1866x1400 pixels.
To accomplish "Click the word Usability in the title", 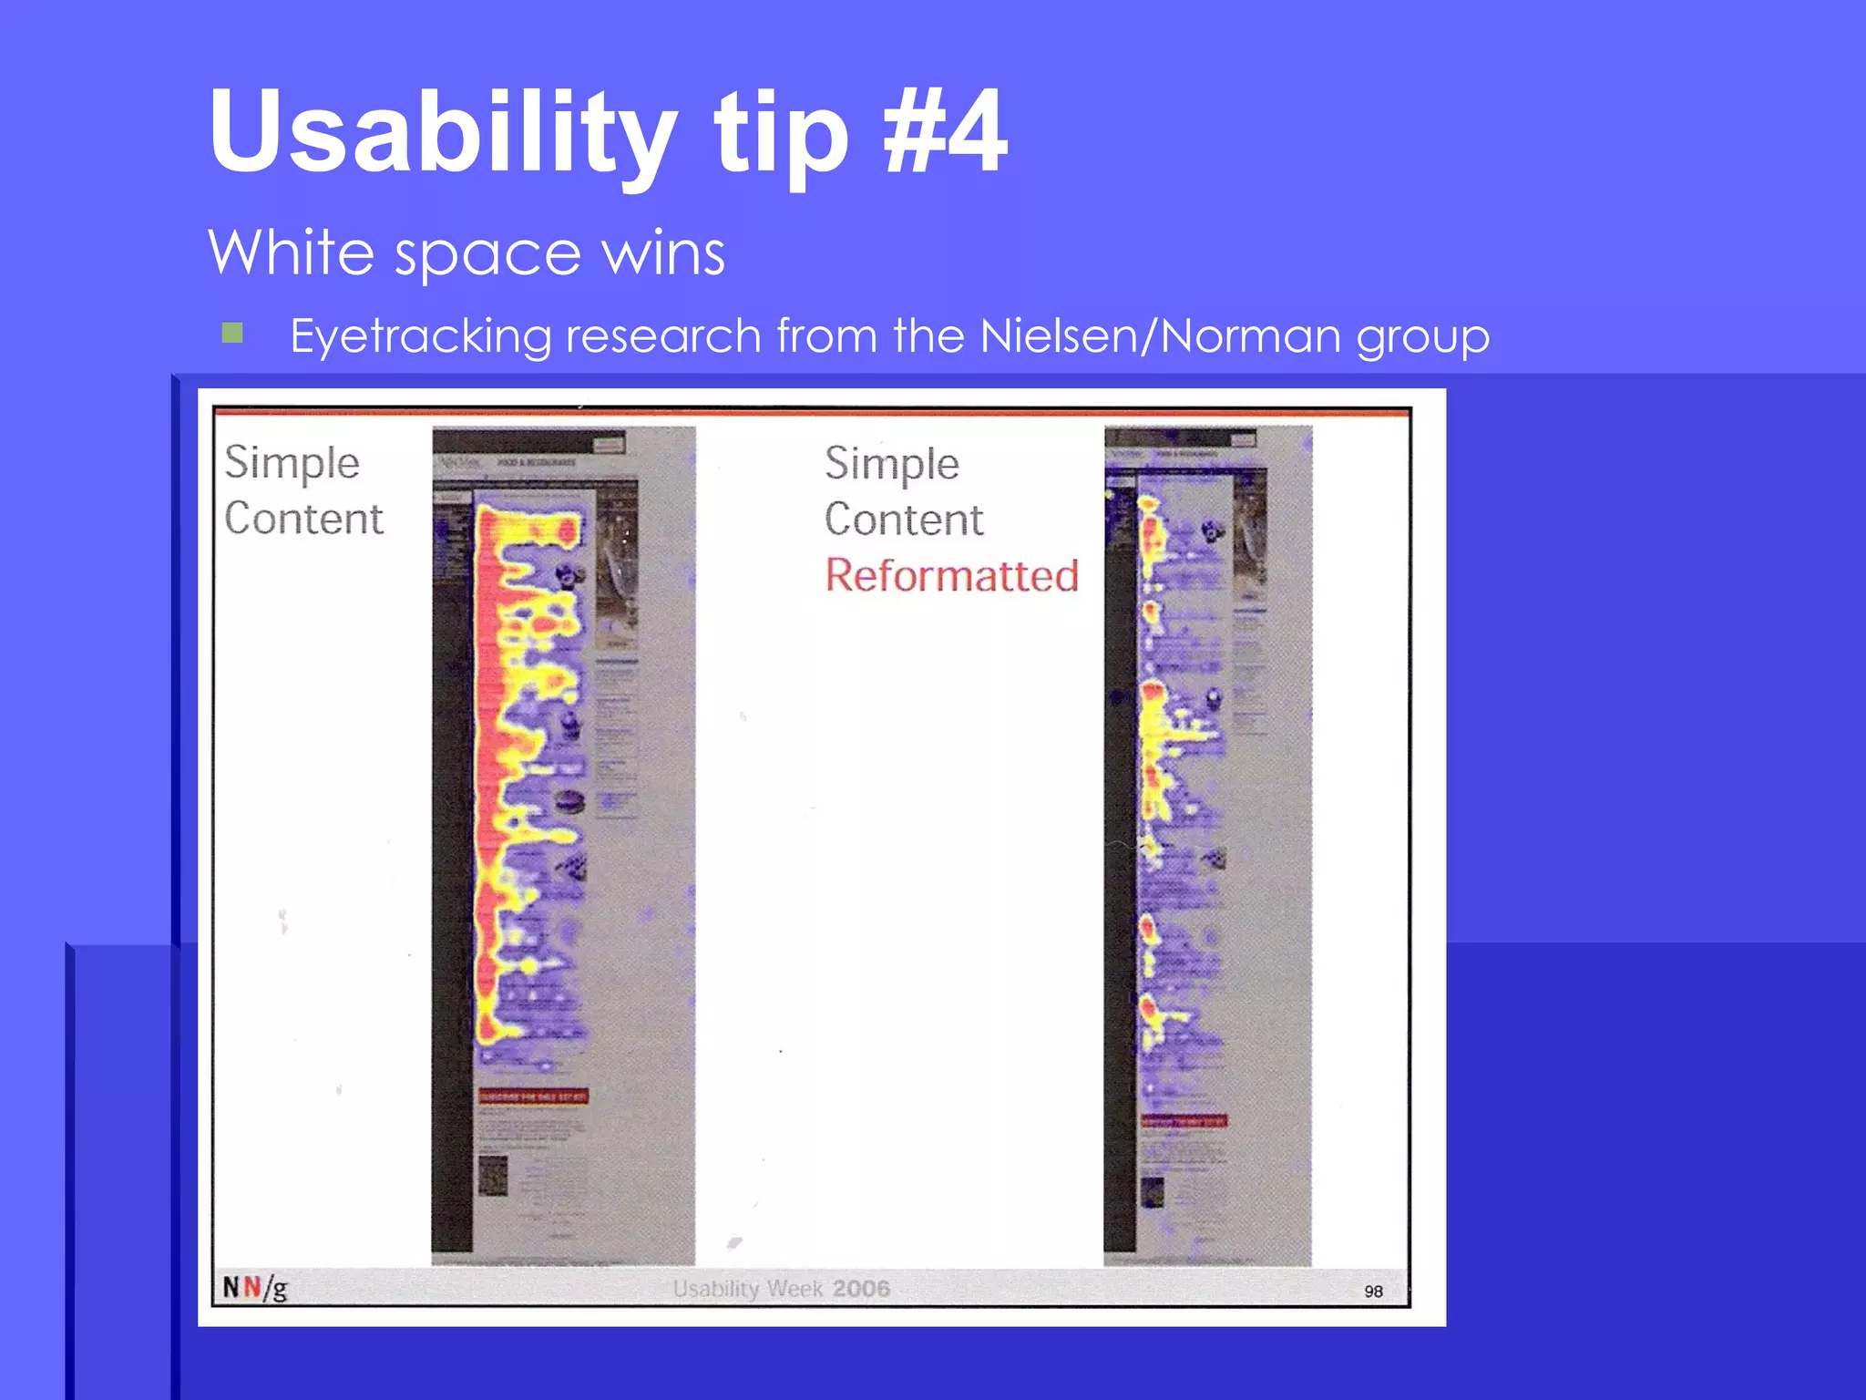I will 443,132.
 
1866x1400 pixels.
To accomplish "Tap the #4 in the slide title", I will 945,132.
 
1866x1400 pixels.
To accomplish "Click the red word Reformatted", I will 951,576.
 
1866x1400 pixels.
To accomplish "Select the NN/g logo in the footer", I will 255,1288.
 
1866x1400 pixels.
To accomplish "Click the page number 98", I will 1373,1291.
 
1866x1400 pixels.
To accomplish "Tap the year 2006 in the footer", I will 860,1289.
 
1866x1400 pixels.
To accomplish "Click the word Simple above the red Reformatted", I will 892,464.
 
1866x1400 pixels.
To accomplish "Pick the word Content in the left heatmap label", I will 303,519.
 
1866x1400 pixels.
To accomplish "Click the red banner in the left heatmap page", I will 533,1096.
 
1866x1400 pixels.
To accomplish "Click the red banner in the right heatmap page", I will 1184,1120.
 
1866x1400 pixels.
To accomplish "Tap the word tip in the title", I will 781,132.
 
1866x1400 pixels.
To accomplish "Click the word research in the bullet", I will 663,335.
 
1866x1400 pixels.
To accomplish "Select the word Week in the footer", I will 795,1289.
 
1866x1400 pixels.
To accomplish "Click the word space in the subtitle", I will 487,253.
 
